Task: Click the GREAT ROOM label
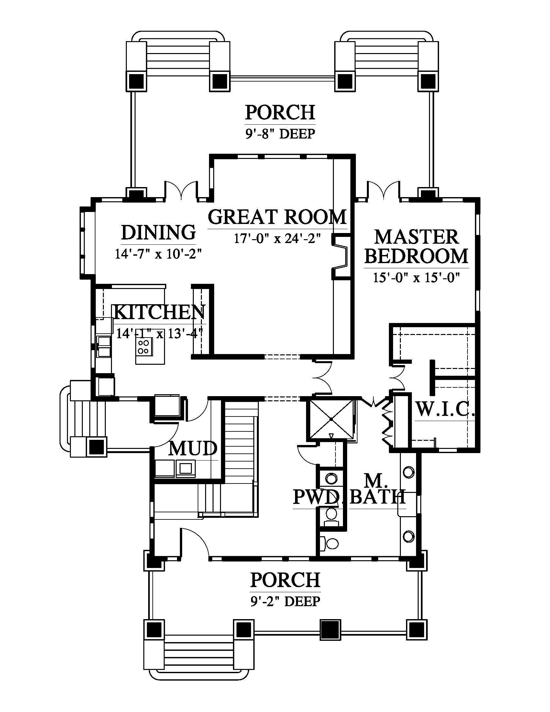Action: (277, 217)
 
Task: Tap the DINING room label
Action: (158, 232)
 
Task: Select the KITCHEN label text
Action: (159, 312)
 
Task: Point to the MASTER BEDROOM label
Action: (416, 247)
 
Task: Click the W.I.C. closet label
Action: (445, 409)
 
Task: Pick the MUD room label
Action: (193, 448)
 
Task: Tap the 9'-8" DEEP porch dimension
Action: (280, 134)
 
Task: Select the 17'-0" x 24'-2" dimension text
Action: (277, 239)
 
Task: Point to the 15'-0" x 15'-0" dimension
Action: (416, 278)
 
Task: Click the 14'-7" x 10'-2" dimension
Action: (158, 254)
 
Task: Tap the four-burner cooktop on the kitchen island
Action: (144, 346)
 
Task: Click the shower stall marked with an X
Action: (331, 418)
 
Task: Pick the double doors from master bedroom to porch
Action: (383, 190)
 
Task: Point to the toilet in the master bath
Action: (330, 544)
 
